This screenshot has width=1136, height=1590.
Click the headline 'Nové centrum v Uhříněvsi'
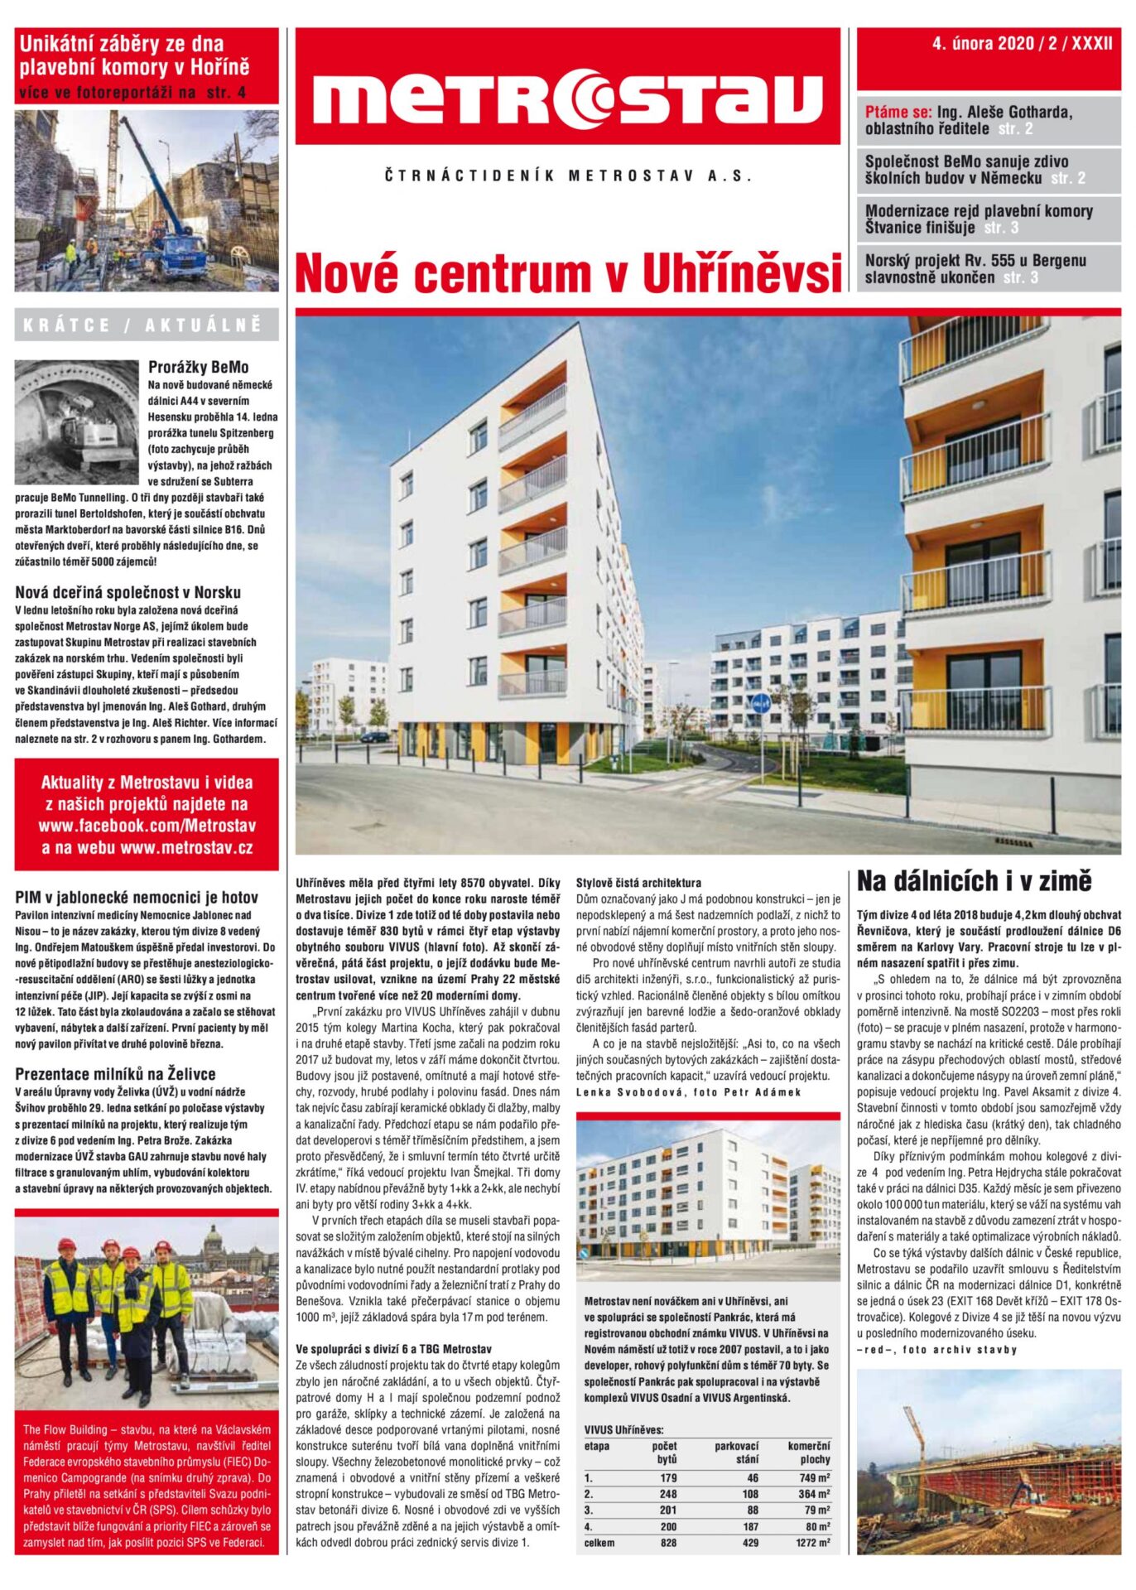(567, 273)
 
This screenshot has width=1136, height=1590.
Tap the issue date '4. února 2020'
(983, 45)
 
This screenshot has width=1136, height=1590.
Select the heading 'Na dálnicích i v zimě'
(975, 881)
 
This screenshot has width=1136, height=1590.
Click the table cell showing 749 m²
(814, 1478)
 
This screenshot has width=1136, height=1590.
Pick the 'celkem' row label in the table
(599, 1543)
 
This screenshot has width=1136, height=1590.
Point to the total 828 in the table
(668, 1543)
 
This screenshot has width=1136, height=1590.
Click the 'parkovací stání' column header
(736, 1453)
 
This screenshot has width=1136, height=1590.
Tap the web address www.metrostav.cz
(186, 848)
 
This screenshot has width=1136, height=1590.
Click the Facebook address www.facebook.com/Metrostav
(147, 826)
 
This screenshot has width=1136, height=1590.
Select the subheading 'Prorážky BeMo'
(198, 367)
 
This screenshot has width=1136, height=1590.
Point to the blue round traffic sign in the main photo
(760, 704)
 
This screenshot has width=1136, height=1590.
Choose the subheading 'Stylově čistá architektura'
(638, 883)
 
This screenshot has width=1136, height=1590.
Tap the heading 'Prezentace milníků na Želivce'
(115, 1074)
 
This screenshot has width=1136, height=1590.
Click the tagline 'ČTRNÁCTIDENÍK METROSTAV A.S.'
(568, 176)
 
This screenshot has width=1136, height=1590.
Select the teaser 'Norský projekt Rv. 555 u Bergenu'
(975, 261)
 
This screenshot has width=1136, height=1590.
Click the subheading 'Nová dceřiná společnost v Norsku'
(128, 592)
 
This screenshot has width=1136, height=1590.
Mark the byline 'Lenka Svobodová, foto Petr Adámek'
(689, 1091)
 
